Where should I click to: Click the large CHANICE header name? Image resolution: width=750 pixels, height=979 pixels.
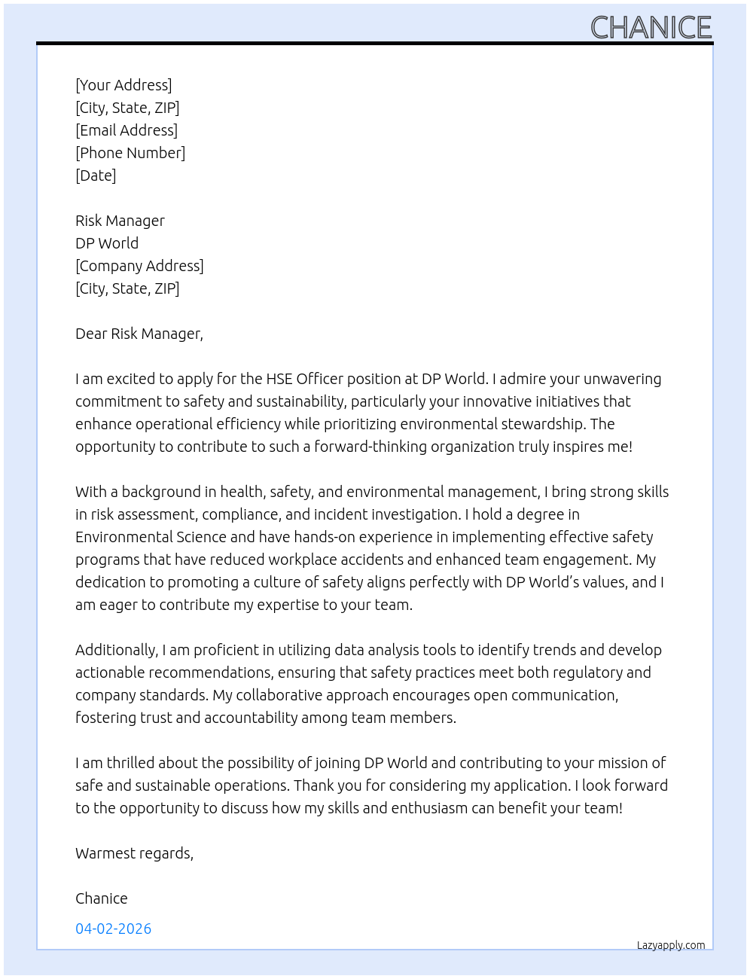[651, 27]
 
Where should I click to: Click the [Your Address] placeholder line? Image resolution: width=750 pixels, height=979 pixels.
[123, 85]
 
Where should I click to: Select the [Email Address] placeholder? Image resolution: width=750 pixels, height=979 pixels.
[127, 130]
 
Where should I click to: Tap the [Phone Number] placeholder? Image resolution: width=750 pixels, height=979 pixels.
[130, 153]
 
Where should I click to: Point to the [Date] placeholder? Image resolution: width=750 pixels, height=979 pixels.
[96, 175]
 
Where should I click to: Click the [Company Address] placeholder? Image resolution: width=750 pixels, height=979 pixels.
[139, 266]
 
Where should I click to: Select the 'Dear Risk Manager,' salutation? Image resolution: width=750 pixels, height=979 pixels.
[139, 334]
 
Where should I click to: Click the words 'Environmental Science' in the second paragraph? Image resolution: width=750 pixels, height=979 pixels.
[151, 537]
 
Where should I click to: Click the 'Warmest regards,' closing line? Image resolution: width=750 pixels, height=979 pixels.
[134, 853]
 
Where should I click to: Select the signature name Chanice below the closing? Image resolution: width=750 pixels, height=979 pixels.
[102, 898]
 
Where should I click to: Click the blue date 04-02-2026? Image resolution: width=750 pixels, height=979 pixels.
[114, 929]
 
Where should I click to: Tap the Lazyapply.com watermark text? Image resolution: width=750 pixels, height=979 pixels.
[671, 945]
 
